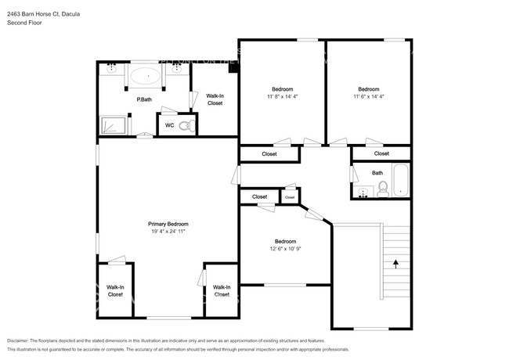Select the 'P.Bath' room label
143,99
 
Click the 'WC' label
169,124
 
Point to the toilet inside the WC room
185,124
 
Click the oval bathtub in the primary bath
143,77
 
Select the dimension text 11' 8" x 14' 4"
283,96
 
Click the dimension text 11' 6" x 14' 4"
368,96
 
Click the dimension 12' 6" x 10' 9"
285,249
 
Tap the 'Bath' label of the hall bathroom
377,173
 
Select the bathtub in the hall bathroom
400,181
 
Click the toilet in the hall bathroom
383,188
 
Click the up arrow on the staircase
395,263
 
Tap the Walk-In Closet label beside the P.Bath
215,99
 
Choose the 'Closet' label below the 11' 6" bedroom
381,153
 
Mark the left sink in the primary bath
111,68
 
